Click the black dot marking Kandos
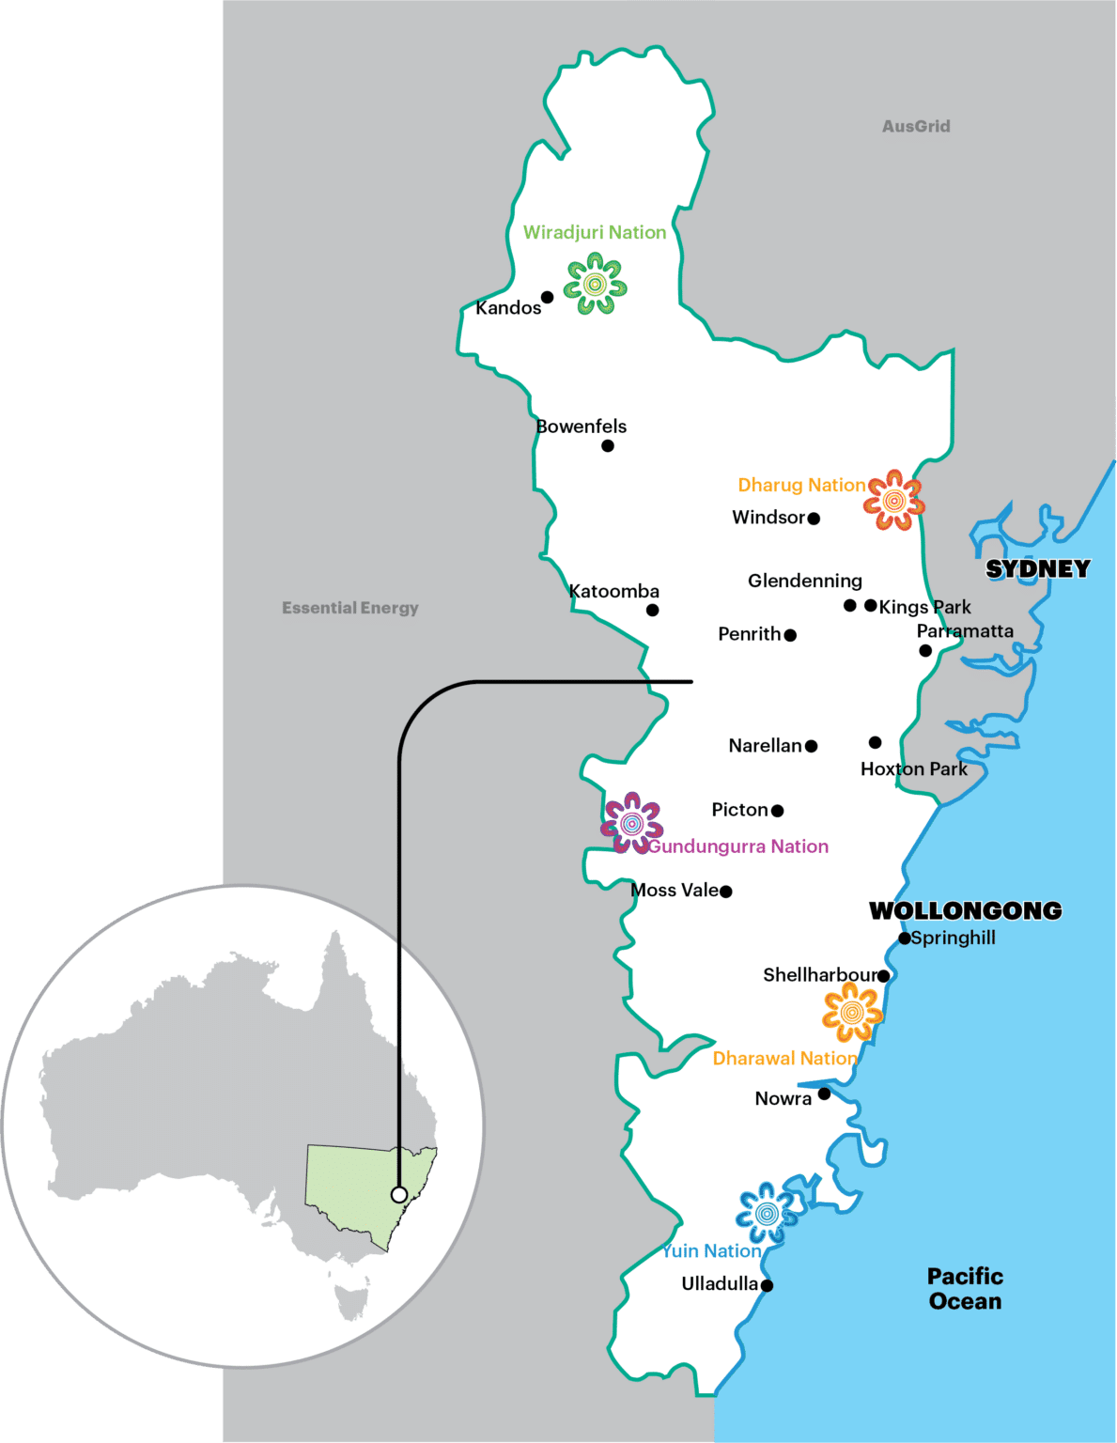pos(547,297)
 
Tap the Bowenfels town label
pos(581,427)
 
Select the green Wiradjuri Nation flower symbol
pos(595,283)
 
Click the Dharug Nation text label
pos(801,485)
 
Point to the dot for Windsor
pos(814,519)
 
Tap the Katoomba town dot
pos(652,611)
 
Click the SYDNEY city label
pos(1037,568)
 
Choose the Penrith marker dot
pos(790,635)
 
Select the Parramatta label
pos(965,630)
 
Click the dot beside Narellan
pos(811,746)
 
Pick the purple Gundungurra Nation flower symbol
pos(632,823)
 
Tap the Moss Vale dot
pos(725,892)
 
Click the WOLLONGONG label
pos(965,910)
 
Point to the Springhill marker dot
pos(904,938)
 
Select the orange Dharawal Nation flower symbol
pos(852,1012)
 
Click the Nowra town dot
pos(824,1094)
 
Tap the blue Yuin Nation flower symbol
pos(767,1213)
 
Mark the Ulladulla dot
pos(767,1286)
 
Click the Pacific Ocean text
pos(965,1289)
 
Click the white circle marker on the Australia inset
pos(399,1195)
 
